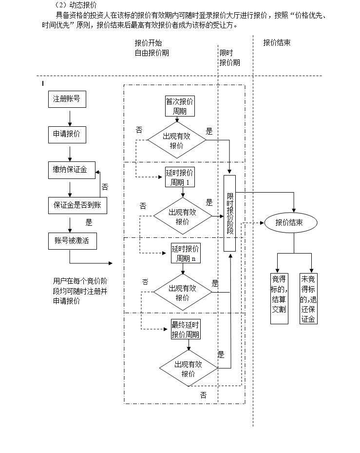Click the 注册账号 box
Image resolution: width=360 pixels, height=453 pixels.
pyautogui.click(x=66, y=100)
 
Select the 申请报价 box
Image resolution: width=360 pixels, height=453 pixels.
pyautogui.click(x=66, y=135)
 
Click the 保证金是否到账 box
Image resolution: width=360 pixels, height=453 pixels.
pyautogui.click(x=77, y=205)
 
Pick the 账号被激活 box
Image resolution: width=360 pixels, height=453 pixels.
pyautogui.click(x=72, y=241)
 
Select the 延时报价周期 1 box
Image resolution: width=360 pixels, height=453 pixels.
pyautogui.click(x=180, y=178)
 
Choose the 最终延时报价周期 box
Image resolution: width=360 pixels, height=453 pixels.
pyautogui.click(x=186, y=330)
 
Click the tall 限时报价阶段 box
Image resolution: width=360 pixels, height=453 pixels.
pyautogui.click(x=230, y=213)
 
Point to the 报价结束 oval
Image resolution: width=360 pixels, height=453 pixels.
pyautogui.click(x=290, y=223)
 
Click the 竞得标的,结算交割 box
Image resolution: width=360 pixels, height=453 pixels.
pyautogui.click(x=279, y=298)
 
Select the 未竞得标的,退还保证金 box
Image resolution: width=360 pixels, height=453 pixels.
pyautogui.click(x=308, y=298)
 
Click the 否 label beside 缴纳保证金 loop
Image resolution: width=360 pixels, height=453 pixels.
pyautogui.click(x=105, y=187)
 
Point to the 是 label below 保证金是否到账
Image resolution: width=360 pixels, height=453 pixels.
pyautogui.click(x=89, y=223)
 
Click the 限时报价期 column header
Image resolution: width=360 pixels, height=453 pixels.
pyautogui.click(x=229, y=58)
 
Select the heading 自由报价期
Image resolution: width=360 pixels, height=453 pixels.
pyautogui.click(x=152, y=53)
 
